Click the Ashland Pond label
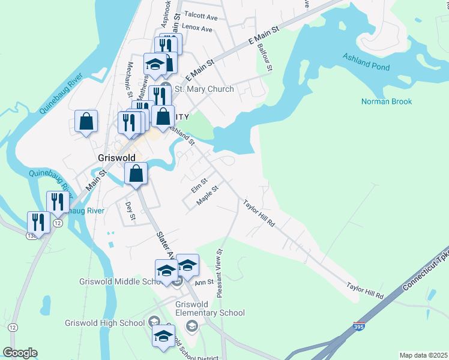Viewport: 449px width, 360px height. click(x=366, y=62)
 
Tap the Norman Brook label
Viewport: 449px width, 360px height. click(x=386, y=101)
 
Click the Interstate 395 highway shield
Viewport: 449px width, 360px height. click(x=358, y=326)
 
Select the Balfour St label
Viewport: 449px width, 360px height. click(x=265, y=58)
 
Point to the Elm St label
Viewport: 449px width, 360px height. click(x=199, y=185)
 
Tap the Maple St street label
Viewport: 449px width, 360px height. click(x=207, y=196)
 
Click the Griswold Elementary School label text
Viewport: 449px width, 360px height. click(x=210, y=308)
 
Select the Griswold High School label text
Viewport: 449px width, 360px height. click(x=105, y=323)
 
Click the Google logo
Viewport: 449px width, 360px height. click(x=20, y=353)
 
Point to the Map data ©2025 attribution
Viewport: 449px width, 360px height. click(x=423, y=355)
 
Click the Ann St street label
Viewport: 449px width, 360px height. click(x=204, y=281)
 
